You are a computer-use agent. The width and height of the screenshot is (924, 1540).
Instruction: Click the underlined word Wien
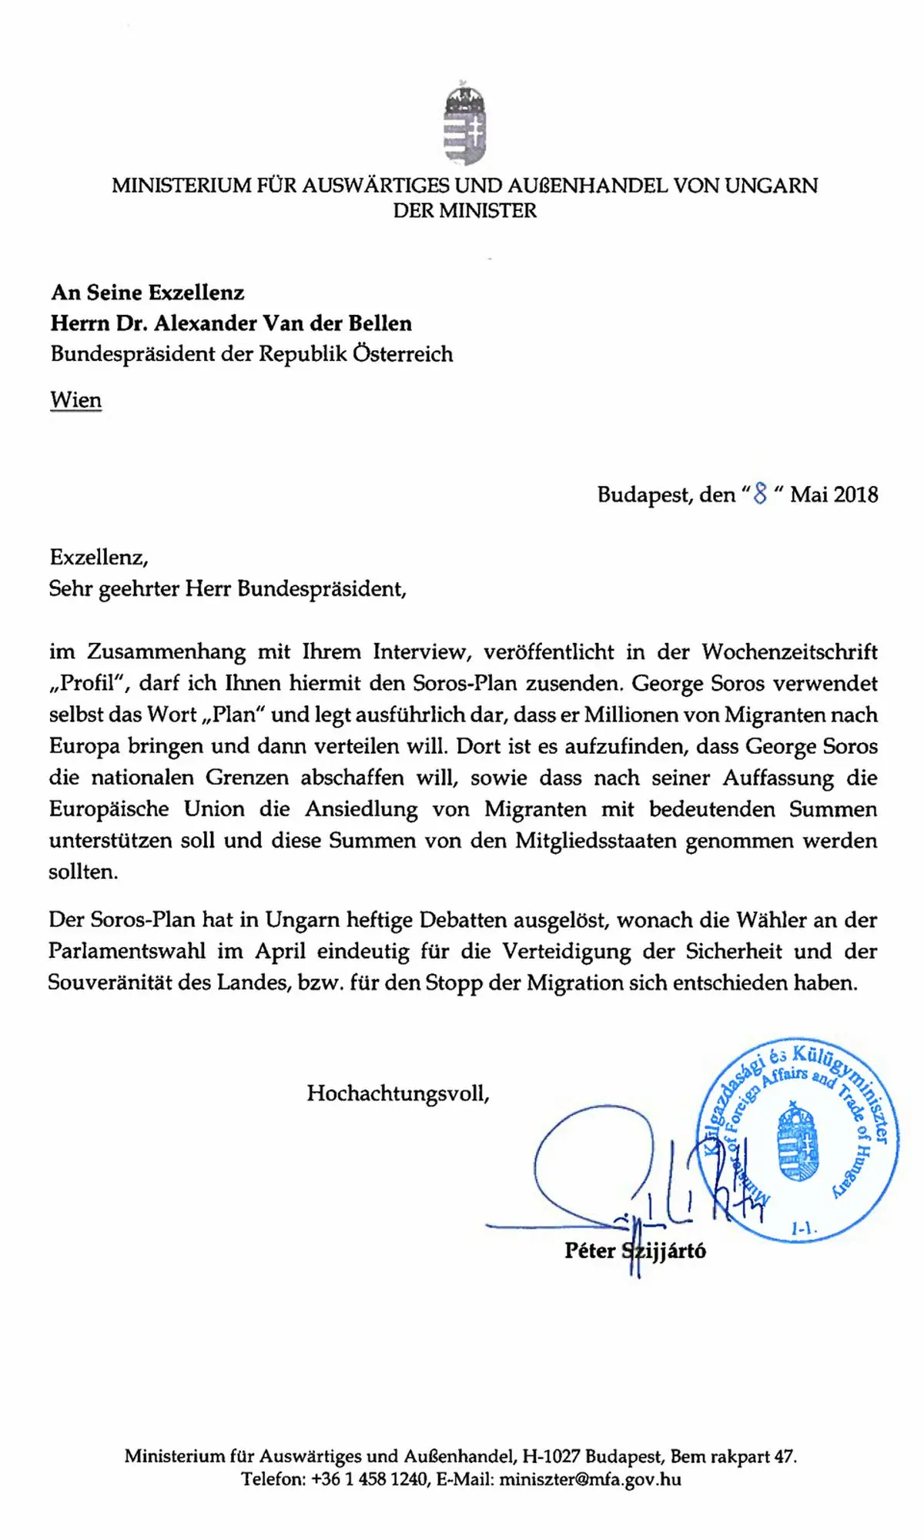click(x=75, y=400)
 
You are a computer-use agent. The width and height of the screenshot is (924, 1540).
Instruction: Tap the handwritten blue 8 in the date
click(x=761, y=494)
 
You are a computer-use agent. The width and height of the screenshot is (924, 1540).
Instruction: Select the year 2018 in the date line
click(x=855, y=494)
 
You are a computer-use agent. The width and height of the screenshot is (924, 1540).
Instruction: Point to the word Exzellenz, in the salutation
click(x=99, y=557)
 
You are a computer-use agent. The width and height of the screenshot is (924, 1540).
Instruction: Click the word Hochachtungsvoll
click(x=397, y=1093)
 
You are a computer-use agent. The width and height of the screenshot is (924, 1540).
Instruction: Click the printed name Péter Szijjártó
click(x=634, y=1250)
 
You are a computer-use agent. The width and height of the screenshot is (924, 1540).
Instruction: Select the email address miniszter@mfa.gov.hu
click(x=590, y=1479)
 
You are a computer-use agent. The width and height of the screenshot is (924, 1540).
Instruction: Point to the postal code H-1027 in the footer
click(x=551, y=1456)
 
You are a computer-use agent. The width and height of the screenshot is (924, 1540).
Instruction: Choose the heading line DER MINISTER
click(x=464, y=210)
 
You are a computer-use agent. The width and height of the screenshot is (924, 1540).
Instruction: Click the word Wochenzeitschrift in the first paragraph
click(x=789, y=652)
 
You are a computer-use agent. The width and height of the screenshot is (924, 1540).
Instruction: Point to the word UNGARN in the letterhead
click(x=772, y=186)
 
